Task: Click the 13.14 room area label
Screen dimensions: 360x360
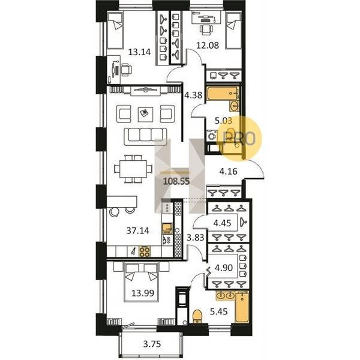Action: coord(139,52)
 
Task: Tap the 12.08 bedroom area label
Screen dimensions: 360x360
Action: coord(208,45)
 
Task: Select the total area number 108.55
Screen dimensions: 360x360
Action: coord(176,181)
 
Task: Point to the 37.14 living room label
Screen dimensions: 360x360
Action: coord(138,230)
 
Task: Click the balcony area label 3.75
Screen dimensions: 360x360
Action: coord(152,344)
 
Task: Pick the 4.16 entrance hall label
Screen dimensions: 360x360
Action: coord(228,171)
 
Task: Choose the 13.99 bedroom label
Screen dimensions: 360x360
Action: coord(143,293)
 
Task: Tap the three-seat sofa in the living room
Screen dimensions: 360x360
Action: coord(145,136)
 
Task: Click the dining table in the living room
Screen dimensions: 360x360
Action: coord(133,169)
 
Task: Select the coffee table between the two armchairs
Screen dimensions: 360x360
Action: coord(145,115)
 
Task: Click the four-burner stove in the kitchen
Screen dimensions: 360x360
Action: coord(145,251)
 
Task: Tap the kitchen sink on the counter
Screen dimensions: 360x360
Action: coord(167,228)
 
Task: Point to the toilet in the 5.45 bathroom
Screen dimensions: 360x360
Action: coord(197,316)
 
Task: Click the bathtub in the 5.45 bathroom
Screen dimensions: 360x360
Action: coord(242,307)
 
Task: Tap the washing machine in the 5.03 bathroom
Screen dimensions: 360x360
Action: coord(212,136)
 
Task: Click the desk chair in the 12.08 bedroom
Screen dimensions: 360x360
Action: coord(206,29)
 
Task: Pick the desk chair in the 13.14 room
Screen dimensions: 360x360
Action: coord(126,70)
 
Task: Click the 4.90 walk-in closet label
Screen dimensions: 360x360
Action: coord(224,268)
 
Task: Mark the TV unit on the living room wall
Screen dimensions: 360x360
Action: coord(145,91)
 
